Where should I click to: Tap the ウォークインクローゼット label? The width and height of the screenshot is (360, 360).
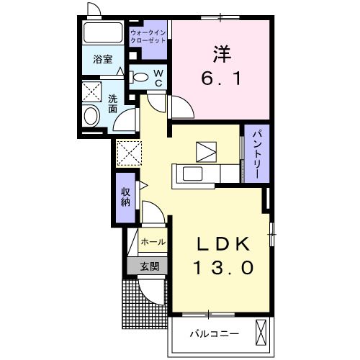(148, 37)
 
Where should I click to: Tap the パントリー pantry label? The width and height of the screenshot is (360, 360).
(256, 154)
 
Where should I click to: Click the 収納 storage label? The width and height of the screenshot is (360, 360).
(125, 197)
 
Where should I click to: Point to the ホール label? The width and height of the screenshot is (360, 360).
(153, 242)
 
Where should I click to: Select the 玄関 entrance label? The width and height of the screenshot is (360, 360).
(150, 266)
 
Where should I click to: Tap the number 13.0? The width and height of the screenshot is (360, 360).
(222, 268)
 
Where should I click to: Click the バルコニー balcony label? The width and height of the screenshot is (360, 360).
(213, 333)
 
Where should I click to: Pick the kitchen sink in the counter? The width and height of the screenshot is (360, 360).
(193, 174)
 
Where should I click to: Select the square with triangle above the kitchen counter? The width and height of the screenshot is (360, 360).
(206, 150)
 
